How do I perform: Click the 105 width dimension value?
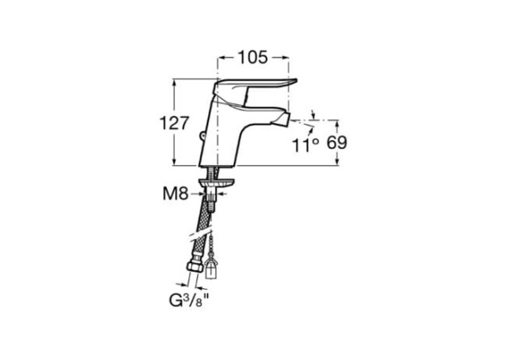[x=253, y=58]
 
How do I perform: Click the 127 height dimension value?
[x=175, y=124]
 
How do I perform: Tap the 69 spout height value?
[x=336, y=143]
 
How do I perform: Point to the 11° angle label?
[x=306, y=145]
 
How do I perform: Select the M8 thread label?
[x=175, y=193]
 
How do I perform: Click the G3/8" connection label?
[x=189, y=300]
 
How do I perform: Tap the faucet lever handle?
[x=255, y=89]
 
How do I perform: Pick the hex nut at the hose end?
[x=195, y=267]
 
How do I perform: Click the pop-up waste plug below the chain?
[x=211, y=267]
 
